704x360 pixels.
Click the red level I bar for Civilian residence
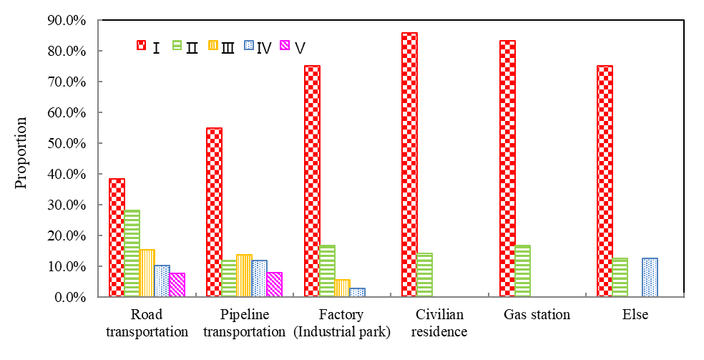pos(409,165)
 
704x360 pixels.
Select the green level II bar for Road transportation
pos(132,253)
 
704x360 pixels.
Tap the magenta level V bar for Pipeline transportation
pos(274,284)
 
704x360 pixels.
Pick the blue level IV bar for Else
pos(650,277)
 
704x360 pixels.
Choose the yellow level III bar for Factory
pos(342,288)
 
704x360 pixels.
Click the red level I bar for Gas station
pos(507,168)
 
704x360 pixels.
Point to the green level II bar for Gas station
pos(522,271)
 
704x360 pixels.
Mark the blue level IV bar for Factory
pos(357,292)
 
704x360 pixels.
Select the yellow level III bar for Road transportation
pos(147,273)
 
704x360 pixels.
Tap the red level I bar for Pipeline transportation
pos(214,212)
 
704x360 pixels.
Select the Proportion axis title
pos(21,152)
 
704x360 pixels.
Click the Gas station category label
pos(537,315)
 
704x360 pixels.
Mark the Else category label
pos(635,315)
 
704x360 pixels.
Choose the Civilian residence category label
pos(439,323)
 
